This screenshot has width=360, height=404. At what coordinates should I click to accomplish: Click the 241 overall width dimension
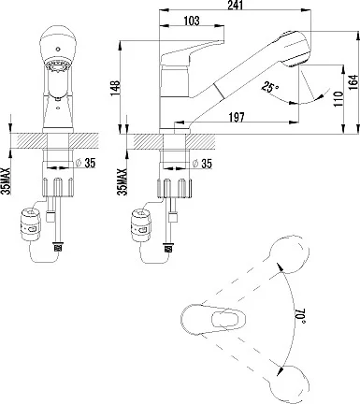(235, 5)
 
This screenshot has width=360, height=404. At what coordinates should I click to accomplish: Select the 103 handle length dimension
(192, 21)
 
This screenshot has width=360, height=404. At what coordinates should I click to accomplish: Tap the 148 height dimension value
(115, 88)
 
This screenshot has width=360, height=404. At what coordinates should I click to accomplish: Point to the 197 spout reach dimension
(237, 117)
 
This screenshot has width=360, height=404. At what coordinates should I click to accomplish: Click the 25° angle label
(269, 87)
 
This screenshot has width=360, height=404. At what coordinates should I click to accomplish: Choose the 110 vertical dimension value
(338, 99)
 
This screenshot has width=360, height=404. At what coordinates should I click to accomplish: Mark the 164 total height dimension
(353, 82)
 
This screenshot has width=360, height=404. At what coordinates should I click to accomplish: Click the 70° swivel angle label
(299, 316)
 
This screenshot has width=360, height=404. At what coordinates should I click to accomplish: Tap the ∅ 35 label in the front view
(85, 163)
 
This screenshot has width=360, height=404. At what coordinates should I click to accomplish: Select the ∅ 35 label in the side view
(202, 163)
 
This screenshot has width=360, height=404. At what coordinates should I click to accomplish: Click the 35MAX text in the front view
(7, 181)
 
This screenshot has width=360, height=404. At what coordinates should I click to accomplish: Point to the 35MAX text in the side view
(122, 182)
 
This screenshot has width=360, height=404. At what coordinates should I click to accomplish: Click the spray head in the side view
(295, 49)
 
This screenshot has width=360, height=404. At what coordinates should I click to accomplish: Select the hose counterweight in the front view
(30, 224)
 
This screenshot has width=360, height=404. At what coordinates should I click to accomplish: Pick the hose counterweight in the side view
(141, 225)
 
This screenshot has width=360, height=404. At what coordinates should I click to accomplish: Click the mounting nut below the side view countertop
(174, 188)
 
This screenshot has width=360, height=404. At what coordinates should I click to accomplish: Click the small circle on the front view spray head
(58, 49)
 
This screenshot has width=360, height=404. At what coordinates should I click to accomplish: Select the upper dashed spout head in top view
(289, 254)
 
